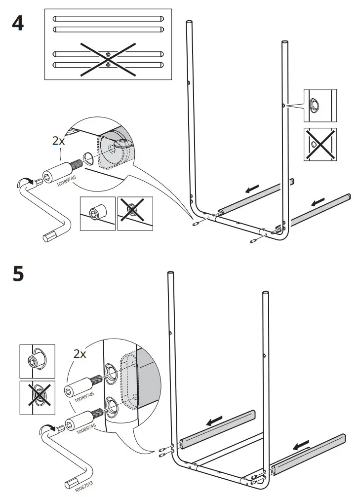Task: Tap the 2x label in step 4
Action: [58, 140]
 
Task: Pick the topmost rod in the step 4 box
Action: [108, 19]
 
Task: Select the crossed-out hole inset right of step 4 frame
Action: [320, 144]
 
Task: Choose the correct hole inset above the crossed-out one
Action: [320, 106]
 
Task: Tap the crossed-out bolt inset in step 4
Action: [135, 213]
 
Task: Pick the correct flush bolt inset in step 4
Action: [98, 213]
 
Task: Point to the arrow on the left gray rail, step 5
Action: [216, 421]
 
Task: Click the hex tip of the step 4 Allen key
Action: [50, 236]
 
